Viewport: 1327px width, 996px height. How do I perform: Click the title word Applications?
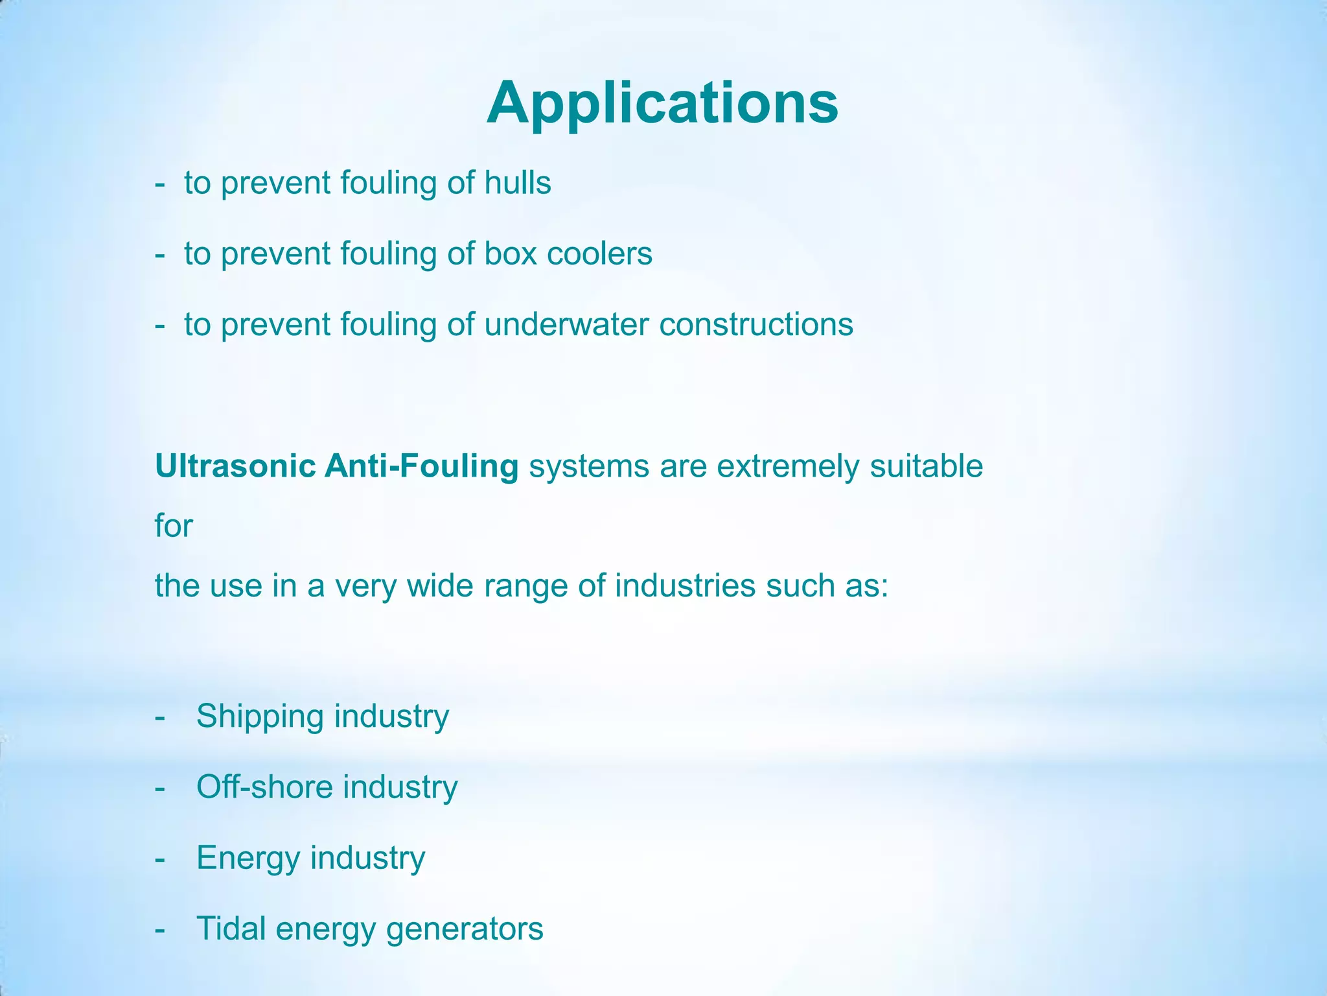662,104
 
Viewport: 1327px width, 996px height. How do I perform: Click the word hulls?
518,183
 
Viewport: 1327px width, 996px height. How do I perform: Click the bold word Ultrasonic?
235,466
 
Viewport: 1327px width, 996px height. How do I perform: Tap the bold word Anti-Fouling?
421,466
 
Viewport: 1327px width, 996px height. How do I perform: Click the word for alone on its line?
174,526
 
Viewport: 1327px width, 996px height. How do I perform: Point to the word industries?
685,586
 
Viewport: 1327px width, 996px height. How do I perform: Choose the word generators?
464,930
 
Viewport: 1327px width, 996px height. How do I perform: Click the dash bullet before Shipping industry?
160,718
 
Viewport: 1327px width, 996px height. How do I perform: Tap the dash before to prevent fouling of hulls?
160,184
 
